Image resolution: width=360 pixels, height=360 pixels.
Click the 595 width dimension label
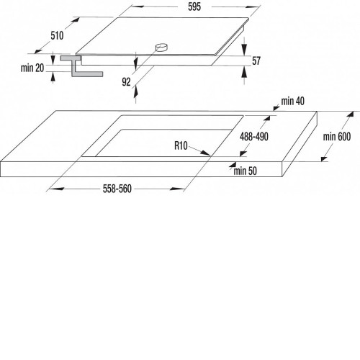pos(194,6)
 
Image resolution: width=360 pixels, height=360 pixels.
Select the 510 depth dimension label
pos(57,35)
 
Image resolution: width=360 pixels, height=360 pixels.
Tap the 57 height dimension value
pos(256,60)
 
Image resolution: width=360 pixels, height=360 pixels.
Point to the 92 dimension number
pos(126,82)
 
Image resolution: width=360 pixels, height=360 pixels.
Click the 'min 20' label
pos(32,68)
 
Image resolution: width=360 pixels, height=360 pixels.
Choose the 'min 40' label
pos(293,101)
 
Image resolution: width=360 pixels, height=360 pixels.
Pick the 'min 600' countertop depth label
pos(337,137)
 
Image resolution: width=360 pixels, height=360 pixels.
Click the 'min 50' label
pos(245,171)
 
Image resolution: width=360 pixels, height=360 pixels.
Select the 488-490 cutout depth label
pos(254,137)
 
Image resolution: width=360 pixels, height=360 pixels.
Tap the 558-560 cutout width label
pos(117,189)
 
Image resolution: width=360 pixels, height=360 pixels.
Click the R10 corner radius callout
pos(181,145)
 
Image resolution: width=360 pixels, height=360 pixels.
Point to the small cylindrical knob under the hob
pos(162,48)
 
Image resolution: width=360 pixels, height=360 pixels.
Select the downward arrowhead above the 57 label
pos(244,50)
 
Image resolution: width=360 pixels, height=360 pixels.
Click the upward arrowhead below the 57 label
pos(244,72)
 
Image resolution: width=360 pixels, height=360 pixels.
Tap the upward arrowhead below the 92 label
pos(135,91)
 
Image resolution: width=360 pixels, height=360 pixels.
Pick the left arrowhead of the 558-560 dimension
pos(55,189)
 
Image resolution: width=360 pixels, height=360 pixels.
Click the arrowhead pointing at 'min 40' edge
pos(276,108)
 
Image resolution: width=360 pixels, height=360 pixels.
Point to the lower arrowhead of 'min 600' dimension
pos(324,158)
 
